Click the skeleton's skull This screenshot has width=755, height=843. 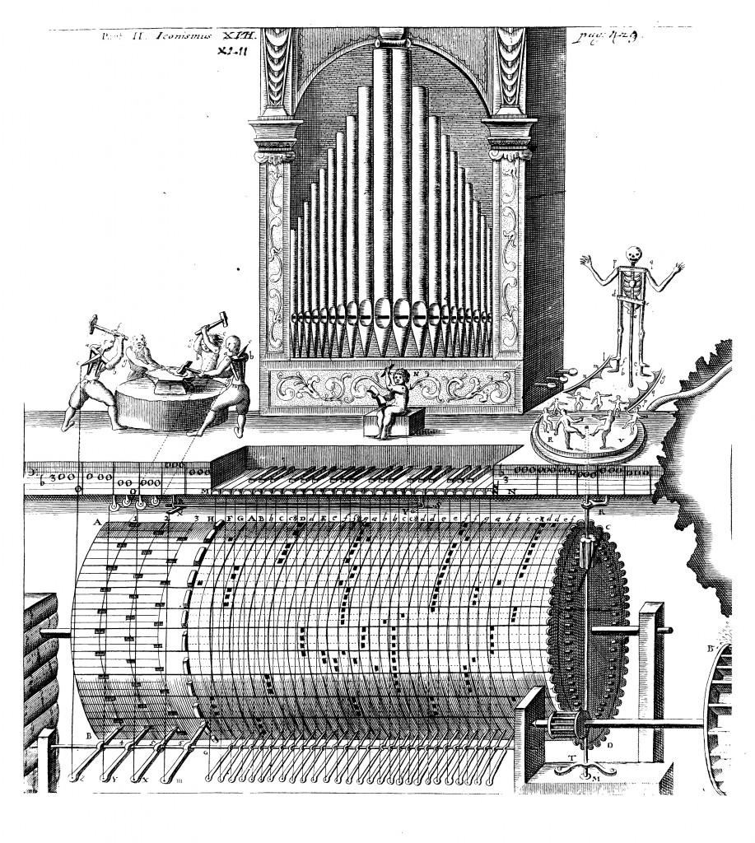point(632,254)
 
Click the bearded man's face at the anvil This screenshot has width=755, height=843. point(142,347)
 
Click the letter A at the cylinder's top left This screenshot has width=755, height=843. point(97,523)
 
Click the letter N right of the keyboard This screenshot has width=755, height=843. point(512,492)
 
